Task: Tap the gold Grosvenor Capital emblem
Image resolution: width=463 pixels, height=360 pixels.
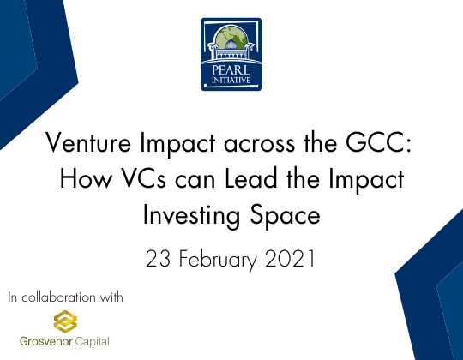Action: coord(60,322)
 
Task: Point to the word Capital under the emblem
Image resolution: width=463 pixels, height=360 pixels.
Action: coord(92,341)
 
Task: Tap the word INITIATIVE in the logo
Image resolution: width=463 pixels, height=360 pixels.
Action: coord(231,81)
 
